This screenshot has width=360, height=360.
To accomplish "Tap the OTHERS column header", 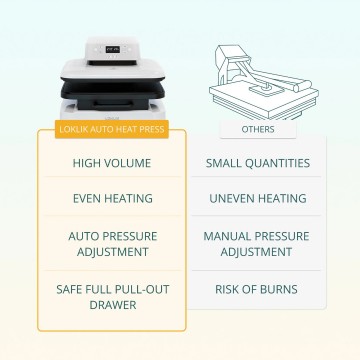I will [258, 130].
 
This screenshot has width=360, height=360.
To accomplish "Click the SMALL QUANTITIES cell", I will [258, 163].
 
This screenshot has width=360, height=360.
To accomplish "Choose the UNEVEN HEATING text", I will [258, 199].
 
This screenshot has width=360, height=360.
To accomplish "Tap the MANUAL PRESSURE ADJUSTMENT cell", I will [258, 244].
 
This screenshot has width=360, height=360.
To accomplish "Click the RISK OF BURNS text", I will [258, 289].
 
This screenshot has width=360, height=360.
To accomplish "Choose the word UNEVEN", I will [233, 199].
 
